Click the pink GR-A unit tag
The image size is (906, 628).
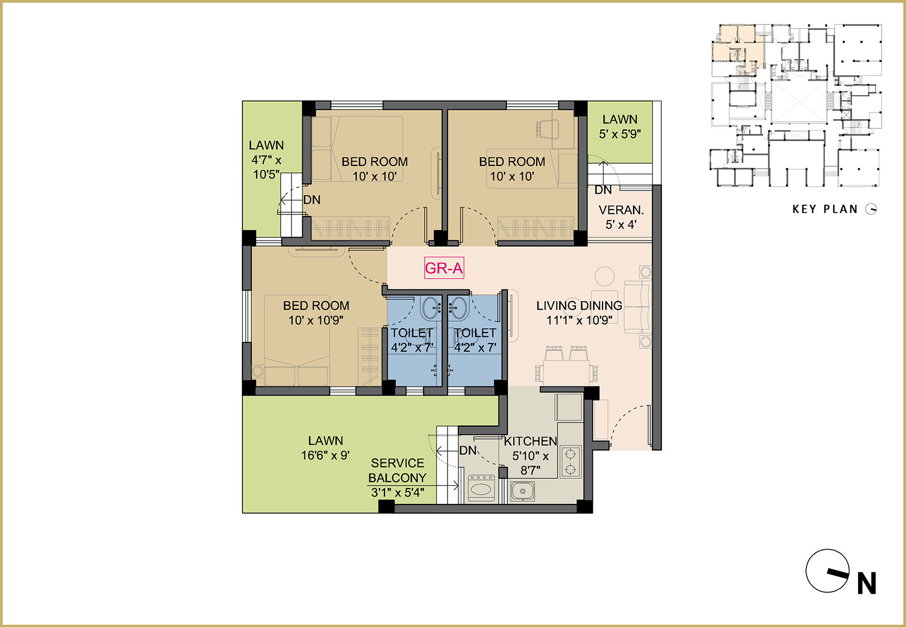(444, 268)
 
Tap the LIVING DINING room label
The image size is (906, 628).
(579, 305)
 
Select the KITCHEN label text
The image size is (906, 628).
(530, 441)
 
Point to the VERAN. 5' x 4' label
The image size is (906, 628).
(621, 217)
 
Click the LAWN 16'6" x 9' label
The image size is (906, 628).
(325, 448)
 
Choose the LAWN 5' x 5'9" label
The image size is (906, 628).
(619, 127)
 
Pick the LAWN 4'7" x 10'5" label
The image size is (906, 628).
(266, 160)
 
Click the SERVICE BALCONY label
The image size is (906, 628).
(397, 470)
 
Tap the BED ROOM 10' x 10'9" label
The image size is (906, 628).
(316, 313)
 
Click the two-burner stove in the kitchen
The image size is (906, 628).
(570, 461)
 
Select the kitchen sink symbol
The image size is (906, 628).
(522, 491)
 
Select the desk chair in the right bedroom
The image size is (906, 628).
(547, 129)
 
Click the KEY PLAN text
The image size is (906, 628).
(825, 209)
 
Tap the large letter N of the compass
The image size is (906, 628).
(867, 583)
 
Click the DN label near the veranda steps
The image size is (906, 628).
(603, 190)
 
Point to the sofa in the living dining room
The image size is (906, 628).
(637, 307)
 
